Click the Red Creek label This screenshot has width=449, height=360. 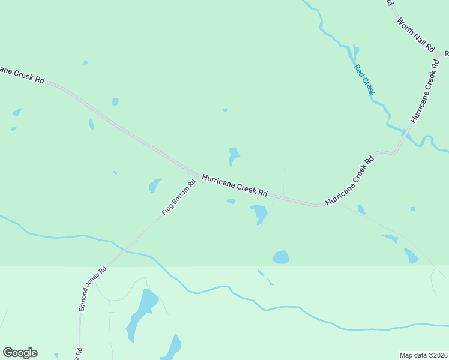click(364, 80)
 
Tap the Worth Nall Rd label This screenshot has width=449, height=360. click(415, 34)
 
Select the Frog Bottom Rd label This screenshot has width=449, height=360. click(179, 198)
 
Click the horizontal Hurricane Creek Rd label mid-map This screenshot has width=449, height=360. click(234, 185)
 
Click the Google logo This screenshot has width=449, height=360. click(20, 353)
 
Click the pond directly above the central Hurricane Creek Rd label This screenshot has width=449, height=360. click(233, 155)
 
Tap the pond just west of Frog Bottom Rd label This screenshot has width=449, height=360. click(155, 185)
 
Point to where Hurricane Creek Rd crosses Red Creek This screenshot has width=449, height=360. click(405, 134)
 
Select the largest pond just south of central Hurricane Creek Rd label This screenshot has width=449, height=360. click(259, 213)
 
